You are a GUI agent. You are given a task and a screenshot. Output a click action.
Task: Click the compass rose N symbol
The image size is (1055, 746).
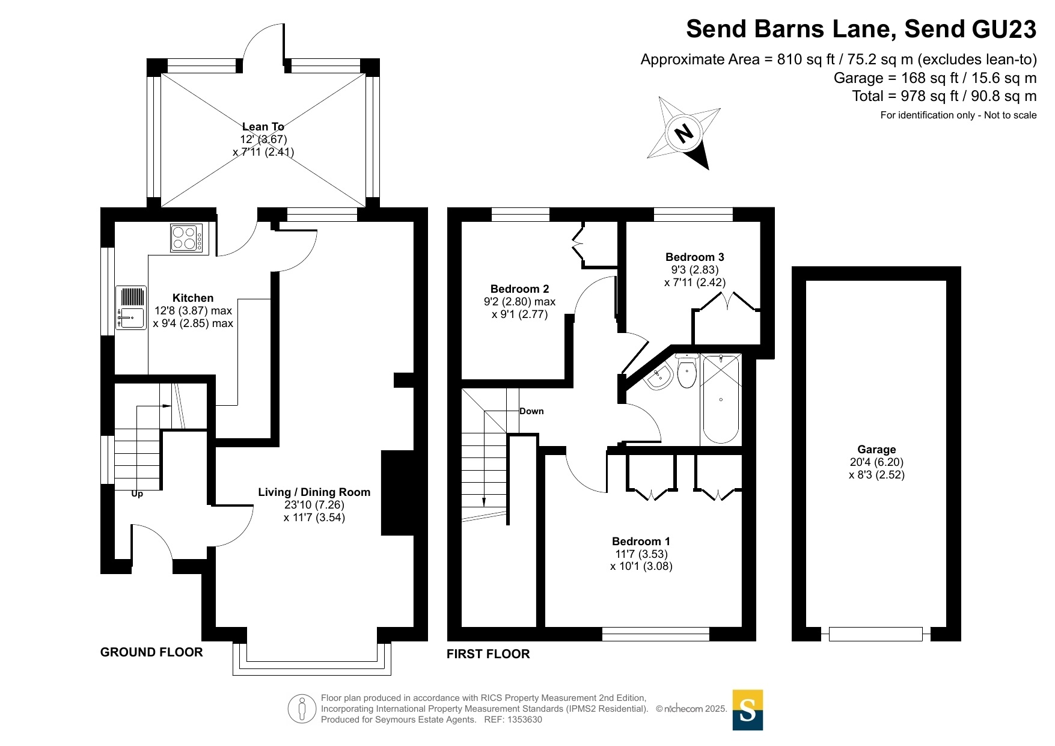click(683, 132)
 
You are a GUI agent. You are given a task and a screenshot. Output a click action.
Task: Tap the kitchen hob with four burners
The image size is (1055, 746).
click(186, 237)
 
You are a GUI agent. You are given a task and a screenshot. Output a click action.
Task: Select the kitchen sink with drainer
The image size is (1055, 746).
click(131, 307)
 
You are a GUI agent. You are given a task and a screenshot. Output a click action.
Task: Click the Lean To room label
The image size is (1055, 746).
click(263, 126)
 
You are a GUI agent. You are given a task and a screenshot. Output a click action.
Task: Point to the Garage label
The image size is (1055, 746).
click(876, 450)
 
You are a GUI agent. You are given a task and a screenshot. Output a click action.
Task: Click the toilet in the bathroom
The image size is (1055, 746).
click(687, 371)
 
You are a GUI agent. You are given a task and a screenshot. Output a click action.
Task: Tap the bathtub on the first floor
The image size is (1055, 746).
click(721, 399)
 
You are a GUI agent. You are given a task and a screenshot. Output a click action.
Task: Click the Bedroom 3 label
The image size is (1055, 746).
click(694, 257)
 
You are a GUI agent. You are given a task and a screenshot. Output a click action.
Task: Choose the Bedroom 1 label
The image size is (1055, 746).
click(641, 542)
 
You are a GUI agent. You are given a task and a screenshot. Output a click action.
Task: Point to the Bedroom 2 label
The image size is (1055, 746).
click(519, 289)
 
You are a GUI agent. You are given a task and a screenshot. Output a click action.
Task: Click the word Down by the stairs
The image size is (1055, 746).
click(531, 411)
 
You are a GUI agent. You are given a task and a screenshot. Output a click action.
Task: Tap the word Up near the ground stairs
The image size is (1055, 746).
click(137, 494)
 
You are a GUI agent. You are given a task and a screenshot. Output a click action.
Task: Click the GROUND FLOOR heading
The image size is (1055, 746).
click(151, 652)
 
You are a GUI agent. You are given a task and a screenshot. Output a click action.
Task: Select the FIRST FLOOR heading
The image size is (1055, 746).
click(488, 654)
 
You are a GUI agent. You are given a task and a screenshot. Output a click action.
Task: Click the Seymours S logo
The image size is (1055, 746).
click(747, 710)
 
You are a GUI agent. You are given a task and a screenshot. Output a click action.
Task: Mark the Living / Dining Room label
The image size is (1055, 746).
click(314, 492)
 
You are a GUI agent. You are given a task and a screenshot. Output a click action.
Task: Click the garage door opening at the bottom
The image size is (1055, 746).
click(875, 634)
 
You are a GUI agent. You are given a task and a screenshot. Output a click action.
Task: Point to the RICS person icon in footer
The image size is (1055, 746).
click(302, 709)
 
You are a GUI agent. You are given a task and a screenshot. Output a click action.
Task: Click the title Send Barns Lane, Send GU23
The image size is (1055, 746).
click(861, 29)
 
